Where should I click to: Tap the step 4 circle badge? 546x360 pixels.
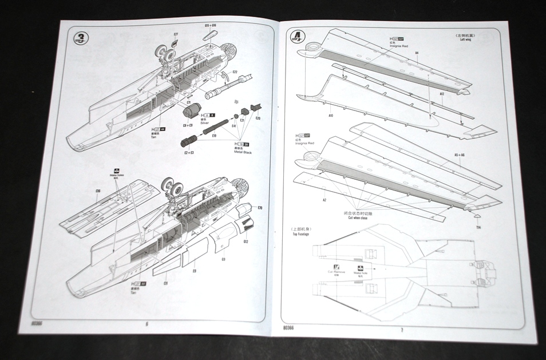pyautogui.click(x=297, y=38)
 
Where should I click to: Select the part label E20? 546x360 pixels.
pyautogui.click(x=258, y=118)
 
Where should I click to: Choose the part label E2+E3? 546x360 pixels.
pyautogui.click(x=188, y=153)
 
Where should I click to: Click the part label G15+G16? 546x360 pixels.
pyautogui.click(x=210, y=26)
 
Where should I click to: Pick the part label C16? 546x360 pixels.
pyautogui.click(x=98, y=191)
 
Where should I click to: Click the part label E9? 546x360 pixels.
pyautogui.click(x=195, y=270)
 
